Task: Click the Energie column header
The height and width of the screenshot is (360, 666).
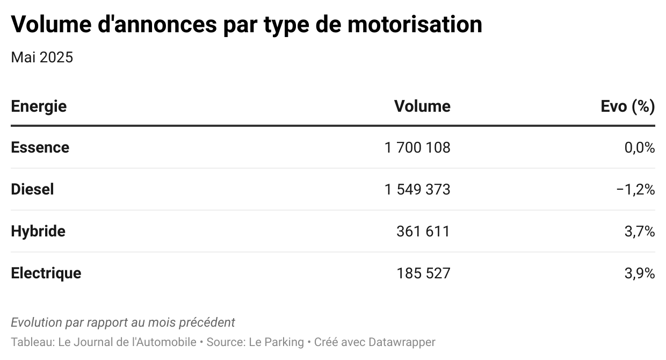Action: (39, 106)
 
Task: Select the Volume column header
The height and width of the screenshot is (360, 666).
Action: (422, 106)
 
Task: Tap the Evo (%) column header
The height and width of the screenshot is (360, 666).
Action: (628, 106)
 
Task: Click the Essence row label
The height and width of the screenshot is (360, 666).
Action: (40, 147)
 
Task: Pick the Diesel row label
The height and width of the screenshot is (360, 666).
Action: (32, 189)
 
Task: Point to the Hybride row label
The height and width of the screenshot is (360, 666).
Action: (38, 232)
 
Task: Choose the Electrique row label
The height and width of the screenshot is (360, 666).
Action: (46, 273)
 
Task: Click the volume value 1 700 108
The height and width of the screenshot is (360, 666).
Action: (417, 148)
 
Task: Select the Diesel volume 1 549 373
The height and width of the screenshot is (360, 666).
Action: (417, 190)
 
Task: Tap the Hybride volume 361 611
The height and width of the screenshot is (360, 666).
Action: (423, 232)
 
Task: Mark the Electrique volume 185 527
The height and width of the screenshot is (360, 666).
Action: (423, 273)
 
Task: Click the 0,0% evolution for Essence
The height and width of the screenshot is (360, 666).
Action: (640, 148)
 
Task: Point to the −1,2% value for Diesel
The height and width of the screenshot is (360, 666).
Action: (636, 190)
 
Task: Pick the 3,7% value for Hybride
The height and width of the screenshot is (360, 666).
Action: (640, 232)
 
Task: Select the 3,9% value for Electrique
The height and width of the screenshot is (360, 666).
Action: (640, 273)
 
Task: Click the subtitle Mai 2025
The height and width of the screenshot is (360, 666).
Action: (42, 57)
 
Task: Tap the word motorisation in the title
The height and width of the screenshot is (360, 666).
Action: (415, 24)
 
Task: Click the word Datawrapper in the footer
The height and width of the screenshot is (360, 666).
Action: (402, 342)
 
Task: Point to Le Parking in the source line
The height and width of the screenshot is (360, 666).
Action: (276, 342)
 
